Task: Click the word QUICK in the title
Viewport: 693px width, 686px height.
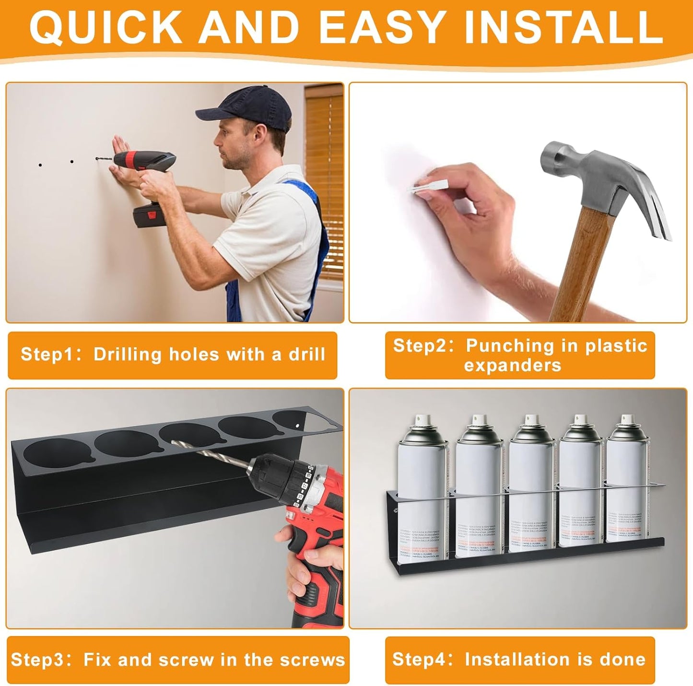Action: (106, 27)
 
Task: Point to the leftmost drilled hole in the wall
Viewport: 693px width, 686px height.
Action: (40, 165)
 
